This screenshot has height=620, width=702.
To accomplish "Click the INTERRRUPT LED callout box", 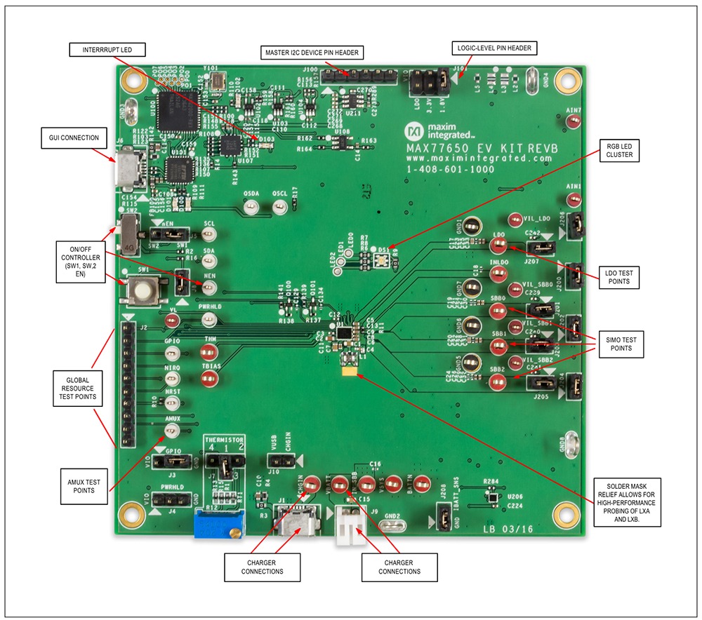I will tap(107, 50).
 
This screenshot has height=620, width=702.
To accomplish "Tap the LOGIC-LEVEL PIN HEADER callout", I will tap(494, 48).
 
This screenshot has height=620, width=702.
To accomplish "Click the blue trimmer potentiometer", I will tap(218, 523).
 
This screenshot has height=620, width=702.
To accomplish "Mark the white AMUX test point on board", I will tap(172, 430).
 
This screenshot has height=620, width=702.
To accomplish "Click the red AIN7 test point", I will tap(574, 122).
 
